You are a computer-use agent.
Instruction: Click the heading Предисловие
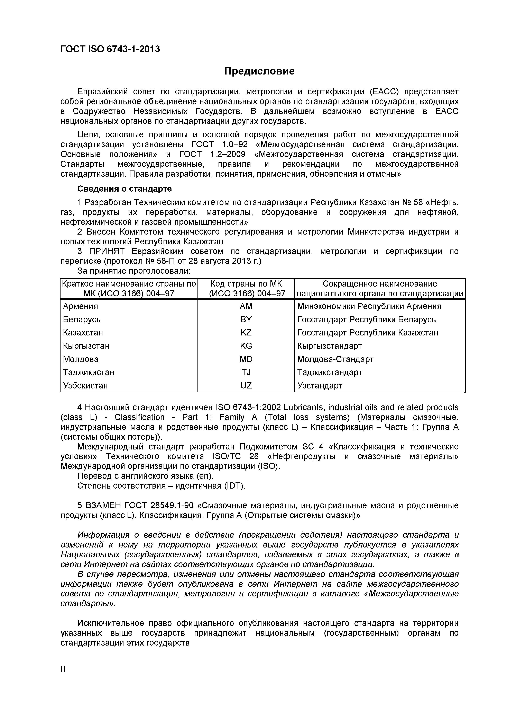tap(259, 71)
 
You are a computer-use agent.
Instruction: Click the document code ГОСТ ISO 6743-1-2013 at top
tap(110, 49)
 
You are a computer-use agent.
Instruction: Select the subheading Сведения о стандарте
tap(124, 189)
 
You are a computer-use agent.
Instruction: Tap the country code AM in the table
tap(246, 306)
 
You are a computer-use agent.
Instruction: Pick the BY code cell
tap(246, 319)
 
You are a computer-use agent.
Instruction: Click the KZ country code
tap(246, 333)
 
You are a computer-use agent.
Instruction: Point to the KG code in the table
tap(246, 346)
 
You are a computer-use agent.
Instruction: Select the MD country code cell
tap(246, 359)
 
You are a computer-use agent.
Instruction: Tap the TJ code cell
tap(246, 373)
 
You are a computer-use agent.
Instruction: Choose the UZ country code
tap(246, 386)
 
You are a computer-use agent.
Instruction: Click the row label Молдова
tap(81, 359)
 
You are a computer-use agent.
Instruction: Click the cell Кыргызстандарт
tap(329, 346)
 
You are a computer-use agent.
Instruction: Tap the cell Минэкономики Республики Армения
tap(369, 306)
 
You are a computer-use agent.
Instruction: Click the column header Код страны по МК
tap(246, 284)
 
